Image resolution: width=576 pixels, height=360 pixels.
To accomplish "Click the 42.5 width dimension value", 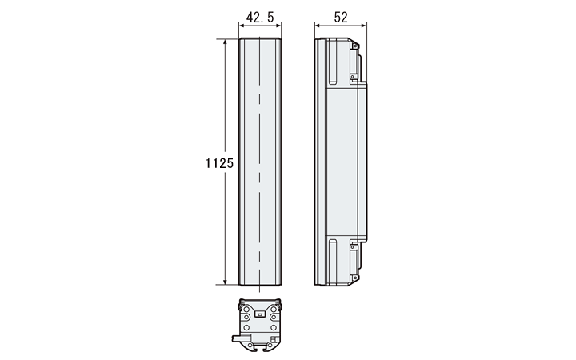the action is [x=260, y=17].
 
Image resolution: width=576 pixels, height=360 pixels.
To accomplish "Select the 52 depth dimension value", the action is [x=341, y=17].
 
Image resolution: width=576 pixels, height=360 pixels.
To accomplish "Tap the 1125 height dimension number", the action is [x=219, y=162].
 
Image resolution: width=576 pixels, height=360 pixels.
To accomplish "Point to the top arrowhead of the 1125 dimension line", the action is [x=225, y=42].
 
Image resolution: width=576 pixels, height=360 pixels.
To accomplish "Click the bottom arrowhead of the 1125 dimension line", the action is [x=225, y=281].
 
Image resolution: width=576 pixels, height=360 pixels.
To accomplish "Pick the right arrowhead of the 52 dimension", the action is [x=363, y=26].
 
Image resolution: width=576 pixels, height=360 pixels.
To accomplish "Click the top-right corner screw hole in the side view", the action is [x=355, y=46].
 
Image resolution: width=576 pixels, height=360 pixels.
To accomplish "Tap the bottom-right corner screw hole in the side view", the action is [x=355, y=278].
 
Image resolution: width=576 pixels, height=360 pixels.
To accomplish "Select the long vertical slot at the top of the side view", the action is [x=333, y=62].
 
